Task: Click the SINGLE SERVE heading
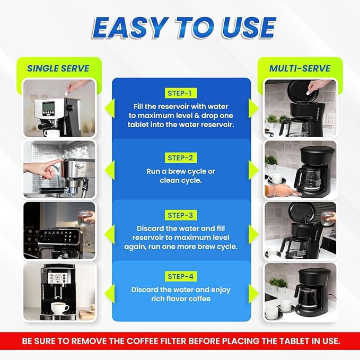coord(59,68)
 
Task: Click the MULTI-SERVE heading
coord(300,68)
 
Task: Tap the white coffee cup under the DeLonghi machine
coord(59,308)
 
